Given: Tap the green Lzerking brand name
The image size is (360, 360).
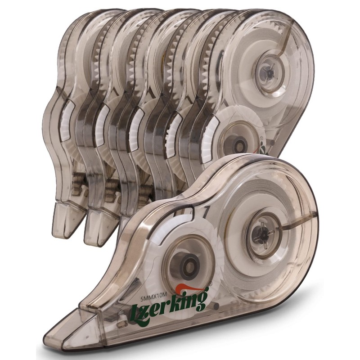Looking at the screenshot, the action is click(168, 303).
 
